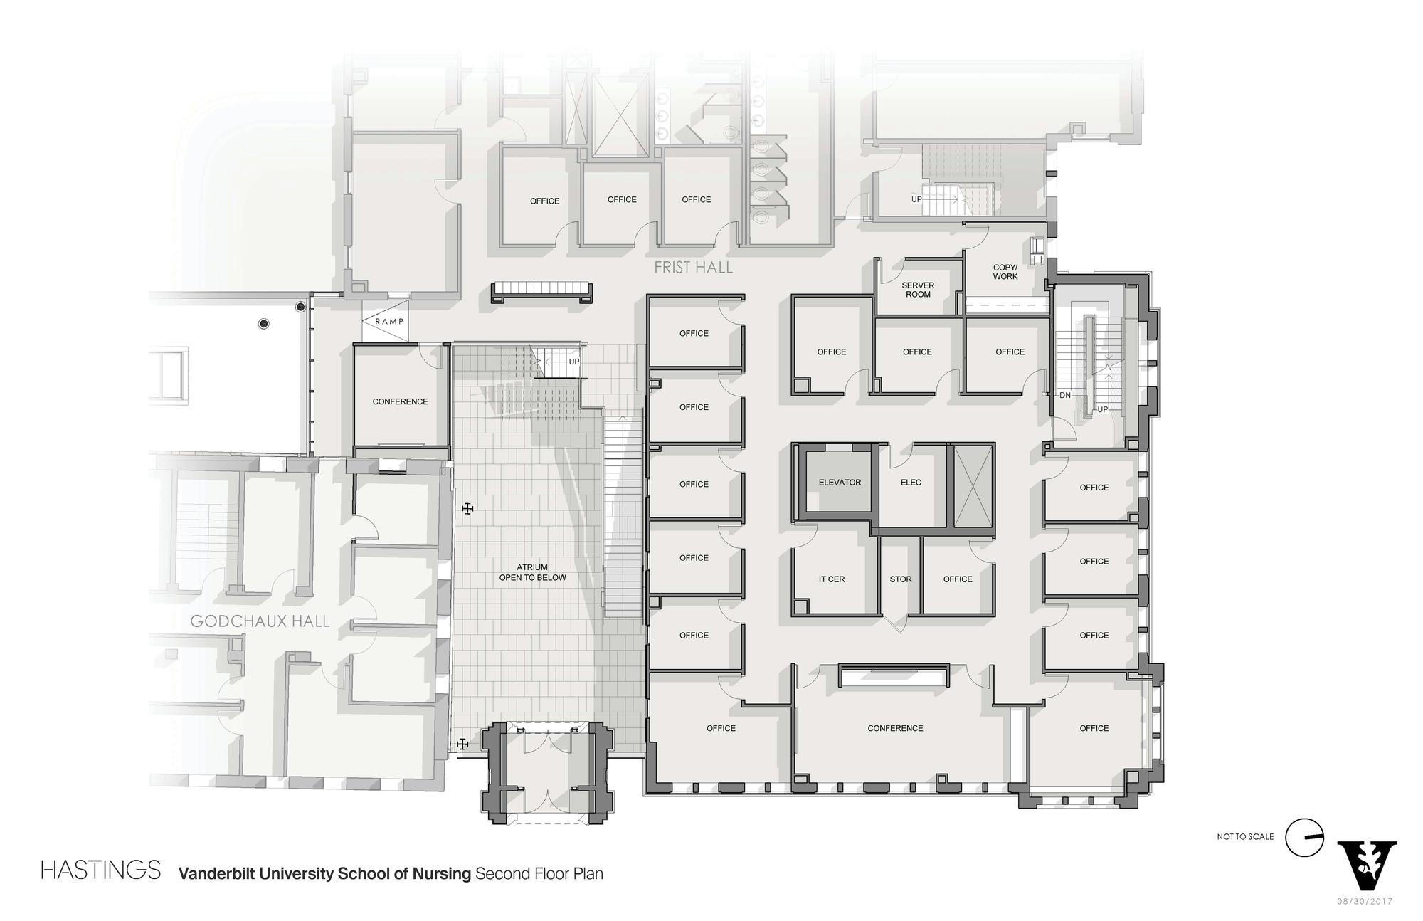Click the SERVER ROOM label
(x=918, y=290)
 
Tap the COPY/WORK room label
(x=1005, y=272)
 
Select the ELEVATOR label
(x=840, y=483)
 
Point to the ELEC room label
(x=911, y=483)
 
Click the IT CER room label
(x=831, y=579)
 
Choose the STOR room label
(x=900, y=579)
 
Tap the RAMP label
(x=389, y=322)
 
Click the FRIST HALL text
(x=693, y=268)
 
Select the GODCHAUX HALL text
(x=260, y=621)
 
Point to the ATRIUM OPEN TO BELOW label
(x=532, y=573)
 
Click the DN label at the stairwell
(x=1065, y=395)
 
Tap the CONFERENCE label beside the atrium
(x=400, y=402)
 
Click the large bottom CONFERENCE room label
(x=895, y=729)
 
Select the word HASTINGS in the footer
(x=100, y=870)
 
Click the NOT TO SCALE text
(x=1245, y=837)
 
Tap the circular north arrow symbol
(x=1304, y=838)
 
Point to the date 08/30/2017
(x=1365, y=902)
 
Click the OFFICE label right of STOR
(x=957, y=579)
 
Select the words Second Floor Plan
(x=539, y=873)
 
